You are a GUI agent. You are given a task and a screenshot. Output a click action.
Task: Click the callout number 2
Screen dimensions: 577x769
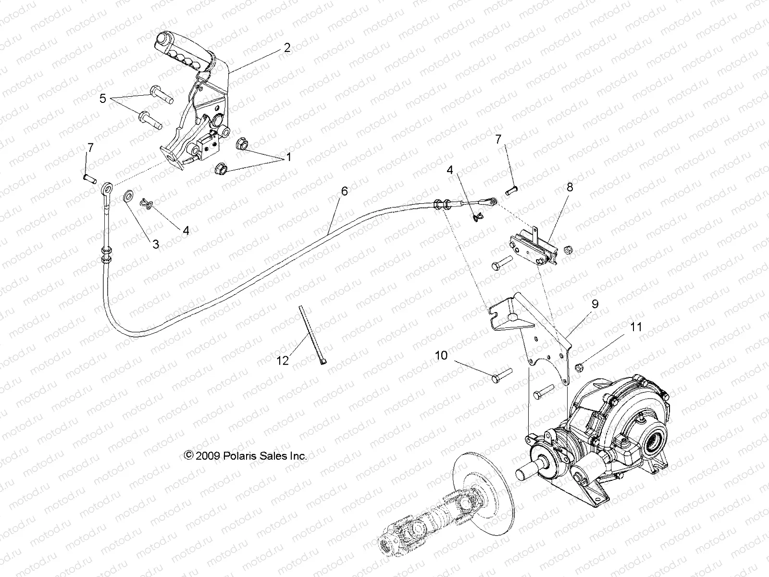pyautogui.click(x=287, y=48)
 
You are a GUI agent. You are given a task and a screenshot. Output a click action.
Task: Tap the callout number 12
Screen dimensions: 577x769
pyautogui.click(x=282, y=360)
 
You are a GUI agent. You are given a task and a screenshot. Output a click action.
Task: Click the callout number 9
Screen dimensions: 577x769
pyautogui.click(x=595, y=304)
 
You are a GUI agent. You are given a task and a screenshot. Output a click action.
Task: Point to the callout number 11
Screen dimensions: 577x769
pyautogui.click(x=636, y=327)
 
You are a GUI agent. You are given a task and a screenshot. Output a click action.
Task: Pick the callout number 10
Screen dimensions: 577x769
pyautogui.click(x=441, y=355)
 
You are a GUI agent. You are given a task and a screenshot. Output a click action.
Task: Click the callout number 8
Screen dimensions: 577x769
pyautogui.click(x=570, y=187)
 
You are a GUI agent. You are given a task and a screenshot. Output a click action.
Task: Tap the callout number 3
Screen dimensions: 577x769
pyautogui.click(x=155, y=244)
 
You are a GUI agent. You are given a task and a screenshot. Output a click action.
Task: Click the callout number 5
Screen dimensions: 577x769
pyautogui.click(x=102, y=99)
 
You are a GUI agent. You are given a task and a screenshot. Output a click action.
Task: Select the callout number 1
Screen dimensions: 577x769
pyautogui.click(x=289, y=157)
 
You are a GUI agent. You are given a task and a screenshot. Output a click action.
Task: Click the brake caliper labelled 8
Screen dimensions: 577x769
pyautogui.click(x=531, y=246)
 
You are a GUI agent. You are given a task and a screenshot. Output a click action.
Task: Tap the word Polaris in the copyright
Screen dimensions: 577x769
pyautogui.click(x=240, y=456)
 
